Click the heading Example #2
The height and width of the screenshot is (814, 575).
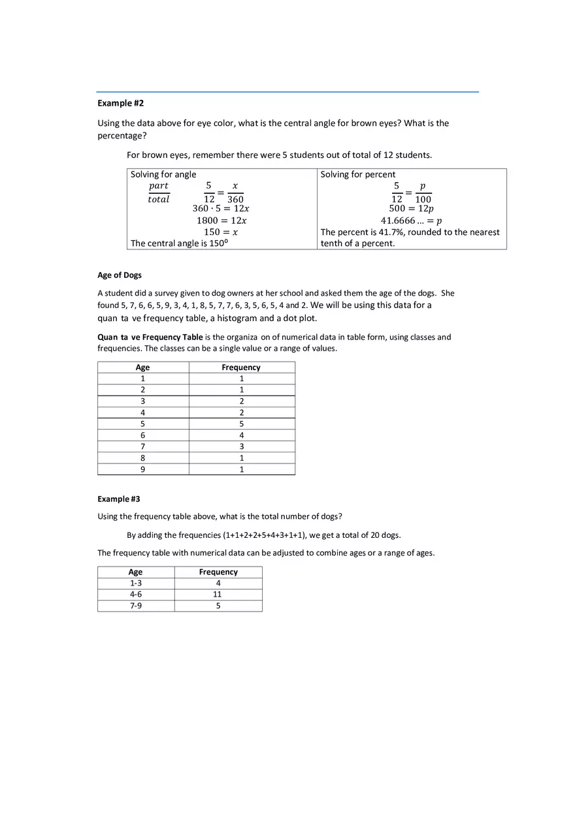pos(120,103)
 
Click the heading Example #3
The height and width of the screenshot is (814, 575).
pos(119,499)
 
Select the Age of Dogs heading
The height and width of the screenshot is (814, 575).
pos(120,275)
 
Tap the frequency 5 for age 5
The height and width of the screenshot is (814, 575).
pos(241,424)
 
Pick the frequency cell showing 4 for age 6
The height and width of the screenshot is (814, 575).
pos(241,435)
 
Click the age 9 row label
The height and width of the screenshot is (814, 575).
pos(142,469)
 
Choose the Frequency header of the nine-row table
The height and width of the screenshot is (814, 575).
pos(240,368)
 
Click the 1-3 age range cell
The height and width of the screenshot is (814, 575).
pos(136,583)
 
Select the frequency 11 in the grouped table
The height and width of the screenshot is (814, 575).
pos(218,594)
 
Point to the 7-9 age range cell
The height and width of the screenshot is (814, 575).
pos(136,606)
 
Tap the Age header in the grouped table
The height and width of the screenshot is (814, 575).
pos(135,572)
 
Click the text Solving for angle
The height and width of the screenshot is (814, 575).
pos(163,174)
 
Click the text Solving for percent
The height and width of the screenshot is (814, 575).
pos(358,174)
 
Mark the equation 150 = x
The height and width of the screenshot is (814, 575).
pos(221,232)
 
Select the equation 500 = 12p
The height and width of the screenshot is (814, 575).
pos(411,209)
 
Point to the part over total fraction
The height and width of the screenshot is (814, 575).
pos(158,193)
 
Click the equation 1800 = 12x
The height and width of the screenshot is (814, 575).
pos(222,221)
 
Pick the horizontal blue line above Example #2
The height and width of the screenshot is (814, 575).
pos(287,92)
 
